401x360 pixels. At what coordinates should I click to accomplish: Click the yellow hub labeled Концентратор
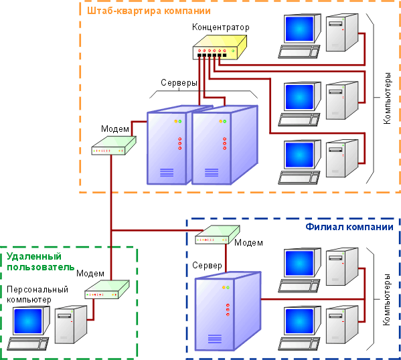(x=220, y=48)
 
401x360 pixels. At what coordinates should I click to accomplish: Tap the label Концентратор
(x=221, y=27)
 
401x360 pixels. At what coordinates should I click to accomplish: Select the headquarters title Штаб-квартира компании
(x=149, y=11)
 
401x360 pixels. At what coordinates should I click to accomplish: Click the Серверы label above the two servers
(x=179, y=82)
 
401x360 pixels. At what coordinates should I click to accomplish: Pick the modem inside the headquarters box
(x=114, y=145)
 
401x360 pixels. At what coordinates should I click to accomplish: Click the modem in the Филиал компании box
(x=218, y=234)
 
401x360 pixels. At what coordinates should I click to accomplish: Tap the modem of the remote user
(x=107, y=290)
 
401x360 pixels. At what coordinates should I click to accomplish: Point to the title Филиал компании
(x=349, y=227)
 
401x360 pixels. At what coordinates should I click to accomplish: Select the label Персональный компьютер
(x=37, y=294)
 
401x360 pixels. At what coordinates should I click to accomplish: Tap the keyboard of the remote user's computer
(x=27, y=343)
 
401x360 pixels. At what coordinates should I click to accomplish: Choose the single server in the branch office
(x=228, y=311)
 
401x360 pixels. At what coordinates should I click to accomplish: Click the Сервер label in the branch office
(x=207, y=266)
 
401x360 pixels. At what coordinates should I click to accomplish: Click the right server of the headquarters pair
(x=225, y=145)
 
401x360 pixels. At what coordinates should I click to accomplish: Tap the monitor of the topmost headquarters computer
(x=302, y=29)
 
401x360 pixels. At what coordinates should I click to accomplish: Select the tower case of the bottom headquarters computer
(x=342, y=159)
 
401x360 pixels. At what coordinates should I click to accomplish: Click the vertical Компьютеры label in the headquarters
(x=387, y=98)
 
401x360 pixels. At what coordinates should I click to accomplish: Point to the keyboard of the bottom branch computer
(x=299, y=344)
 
